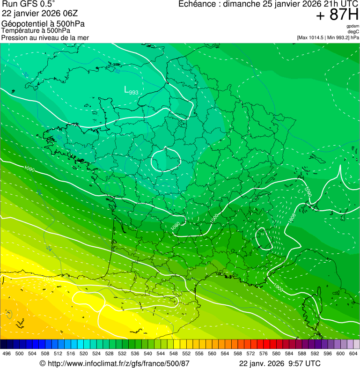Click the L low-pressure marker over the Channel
pos(126,89)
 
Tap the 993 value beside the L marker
pos(133,93)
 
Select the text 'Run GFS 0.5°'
pos(29,4)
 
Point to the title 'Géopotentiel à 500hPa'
pos(43,24)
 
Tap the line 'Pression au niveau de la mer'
pos(45,37)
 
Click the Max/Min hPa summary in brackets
pos(328,37)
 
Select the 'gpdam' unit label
pos(353,26)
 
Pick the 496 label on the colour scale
pos(7,353)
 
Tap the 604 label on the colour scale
pos(353,353)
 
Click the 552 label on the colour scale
pos(186,353)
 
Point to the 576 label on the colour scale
pos(263,353)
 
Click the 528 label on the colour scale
pos(109,353)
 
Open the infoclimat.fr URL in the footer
pos(118,363)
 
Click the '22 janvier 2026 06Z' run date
pos(40,13)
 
